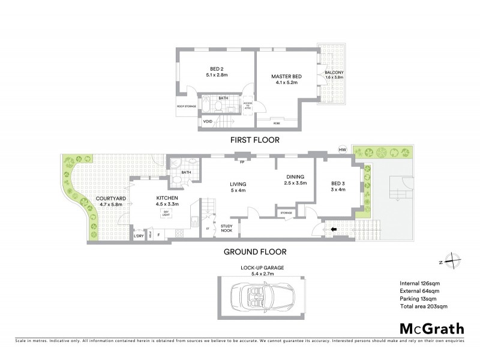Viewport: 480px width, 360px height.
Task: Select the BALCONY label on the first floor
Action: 334,73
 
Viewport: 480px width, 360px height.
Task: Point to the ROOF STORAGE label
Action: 186,107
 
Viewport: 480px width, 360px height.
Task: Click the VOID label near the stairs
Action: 208,122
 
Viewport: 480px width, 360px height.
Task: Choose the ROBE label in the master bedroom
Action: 276,122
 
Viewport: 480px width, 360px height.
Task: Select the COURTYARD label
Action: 109,201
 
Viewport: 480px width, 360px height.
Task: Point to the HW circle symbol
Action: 343,150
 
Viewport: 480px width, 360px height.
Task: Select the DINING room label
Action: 295,179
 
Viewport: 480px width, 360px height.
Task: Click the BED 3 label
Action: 338,187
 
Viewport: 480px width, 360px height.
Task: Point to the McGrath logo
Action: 431,328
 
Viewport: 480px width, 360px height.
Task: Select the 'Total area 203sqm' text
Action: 424,307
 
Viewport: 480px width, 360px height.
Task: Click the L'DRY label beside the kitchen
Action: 139,236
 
